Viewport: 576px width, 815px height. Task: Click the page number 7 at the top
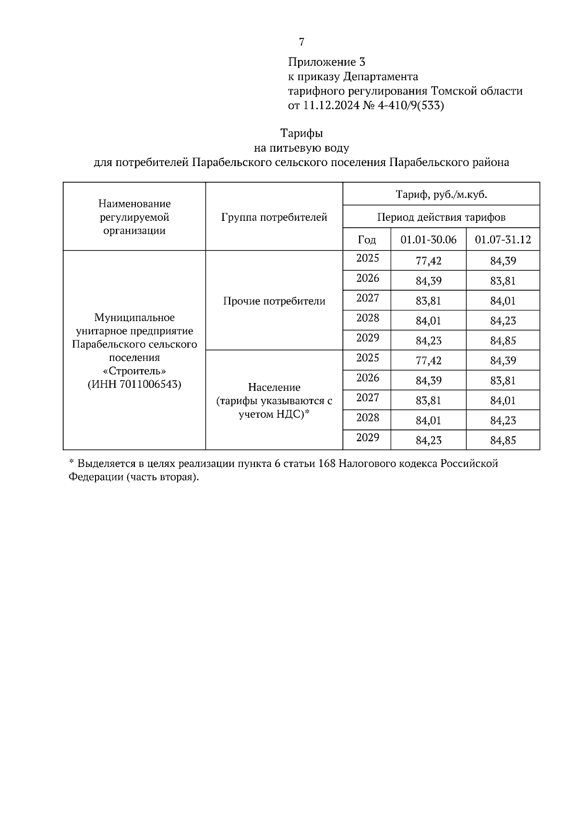pos(301,42)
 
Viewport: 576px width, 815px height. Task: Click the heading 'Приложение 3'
pos(326,62)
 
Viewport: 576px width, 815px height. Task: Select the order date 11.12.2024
pos(331,106)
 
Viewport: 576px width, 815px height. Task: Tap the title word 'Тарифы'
pos(301,133)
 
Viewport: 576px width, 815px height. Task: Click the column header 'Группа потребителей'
pos(274,217)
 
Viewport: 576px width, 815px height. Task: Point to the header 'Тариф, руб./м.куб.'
pos(441,194)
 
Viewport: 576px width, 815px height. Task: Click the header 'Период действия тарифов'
pos(441,217)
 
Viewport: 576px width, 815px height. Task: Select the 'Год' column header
pos(367,240)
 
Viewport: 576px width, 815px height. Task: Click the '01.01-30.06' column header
pos(428,240)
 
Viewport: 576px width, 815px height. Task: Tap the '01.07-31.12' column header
pos(503,240)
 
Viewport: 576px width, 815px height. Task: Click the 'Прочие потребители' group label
pos(274,301)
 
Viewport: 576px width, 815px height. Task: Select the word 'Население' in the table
pos(274,387)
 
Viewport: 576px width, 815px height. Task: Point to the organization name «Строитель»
pos(134,371)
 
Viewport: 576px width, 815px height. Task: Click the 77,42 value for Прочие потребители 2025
pos(428,261)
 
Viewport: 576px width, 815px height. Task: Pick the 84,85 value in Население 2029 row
pos(503,440)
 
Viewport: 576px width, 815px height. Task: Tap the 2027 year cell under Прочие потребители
pos(367,298)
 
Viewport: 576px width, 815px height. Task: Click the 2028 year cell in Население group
pos(367,418)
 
